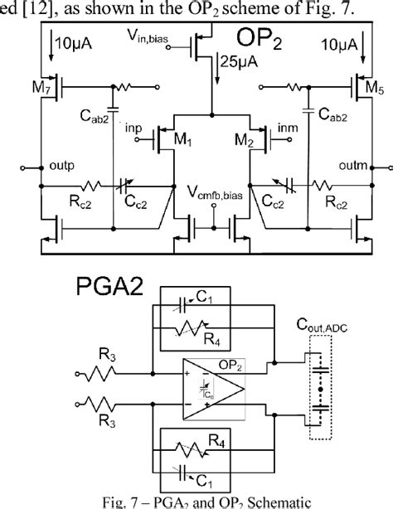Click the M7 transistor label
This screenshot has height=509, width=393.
[x=41, y=87]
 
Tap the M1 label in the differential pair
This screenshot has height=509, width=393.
[x=183, y=139]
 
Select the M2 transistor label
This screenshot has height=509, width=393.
[x=244, y=140]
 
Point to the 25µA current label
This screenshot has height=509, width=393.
[x=239, y=61]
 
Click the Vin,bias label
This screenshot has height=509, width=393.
[x=148, y=36]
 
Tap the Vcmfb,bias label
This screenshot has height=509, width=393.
[x=216, y=193]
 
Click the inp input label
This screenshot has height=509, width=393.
[x=133, y=128]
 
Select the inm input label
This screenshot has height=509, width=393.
[x=288, y=128]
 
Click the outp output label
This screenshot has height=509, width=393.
[x=61, y=166]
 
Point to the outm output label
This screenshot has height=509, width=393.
[x=353, y=166]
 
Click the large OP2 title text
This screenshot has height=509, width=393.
[x=259, y=39]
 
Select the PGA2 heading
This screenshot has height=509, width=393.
[x=109, y=286]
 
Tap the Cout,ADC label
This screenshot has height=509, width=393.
[x=322, y=325]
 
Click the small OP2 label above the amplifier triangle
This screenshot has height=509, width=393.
[x=230, y=366]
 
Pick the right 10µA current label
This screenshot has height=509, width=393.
[x=339, y=45]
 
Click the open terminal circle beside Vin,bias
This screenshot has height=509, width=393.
[x=168, y=47]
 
